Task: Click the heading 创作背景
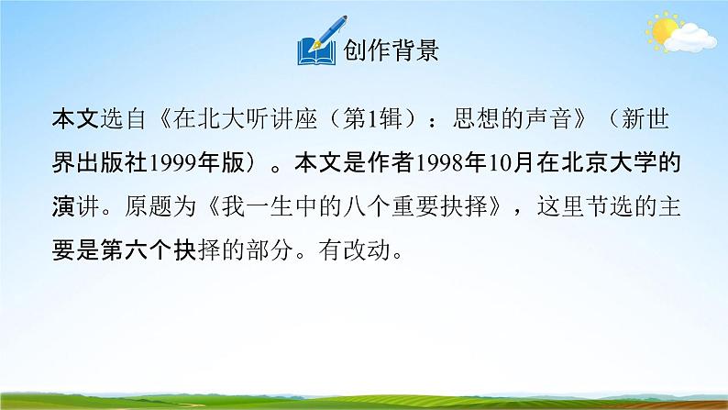(x=392, y=50)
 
